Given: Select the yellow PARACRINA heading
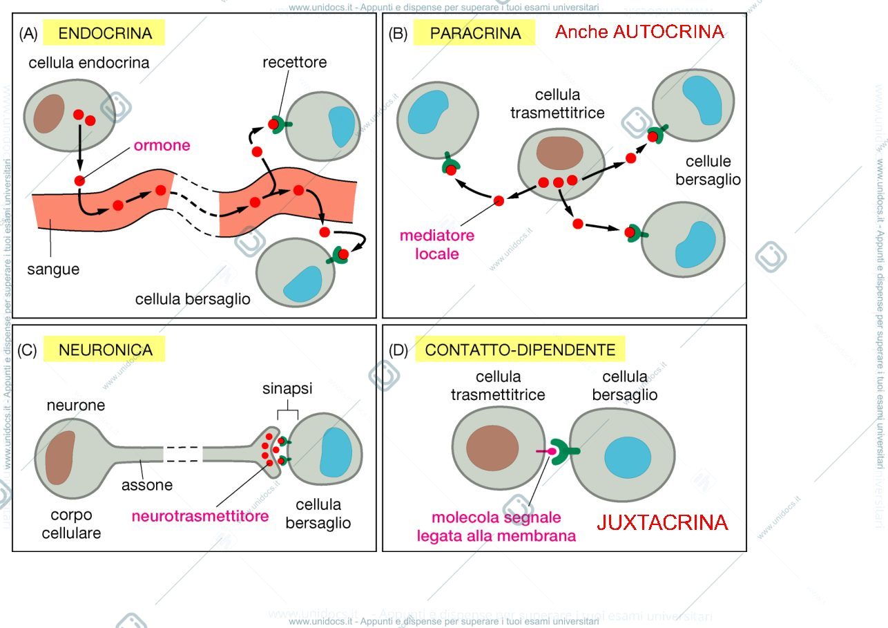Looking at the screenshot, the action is [475, 33].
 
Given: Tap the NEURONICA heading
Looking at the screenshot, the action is [106, 350].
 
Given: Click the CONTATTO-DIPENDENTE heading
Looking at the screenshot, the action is [520, 350].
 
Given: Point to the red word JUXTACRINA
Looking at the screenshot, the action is [662, 522].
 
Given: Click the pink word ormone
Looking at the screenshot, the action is [162, 145].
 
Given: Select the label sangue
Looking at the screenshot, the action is [53, 269].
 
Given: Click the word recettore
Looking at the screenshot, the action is [295, 62].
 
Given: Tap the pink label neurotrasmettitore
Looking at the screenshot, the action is [200, 516].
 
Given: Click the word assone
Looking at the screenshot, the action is [147, 485].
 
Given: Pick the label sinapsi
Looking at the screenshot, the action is [287, 388].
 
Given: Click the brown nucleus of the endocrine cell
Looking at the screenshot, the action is [49, 113].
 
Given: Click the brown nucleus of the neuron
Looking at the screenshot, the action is [60, 457].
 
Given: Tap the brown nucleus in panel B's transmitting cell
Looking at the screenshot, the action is [560, 153].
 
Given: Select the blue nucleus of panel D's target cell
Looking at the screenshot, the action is [628, 458].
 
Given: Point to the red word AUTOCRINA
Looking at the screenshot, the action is [668, 32].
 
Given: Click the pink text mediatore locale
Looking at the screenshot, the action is [437, 245].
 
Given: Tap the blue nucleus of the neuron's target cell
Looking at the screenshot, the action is [336, 453].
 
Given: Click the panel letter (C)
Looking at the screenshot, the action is [27, 350].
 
